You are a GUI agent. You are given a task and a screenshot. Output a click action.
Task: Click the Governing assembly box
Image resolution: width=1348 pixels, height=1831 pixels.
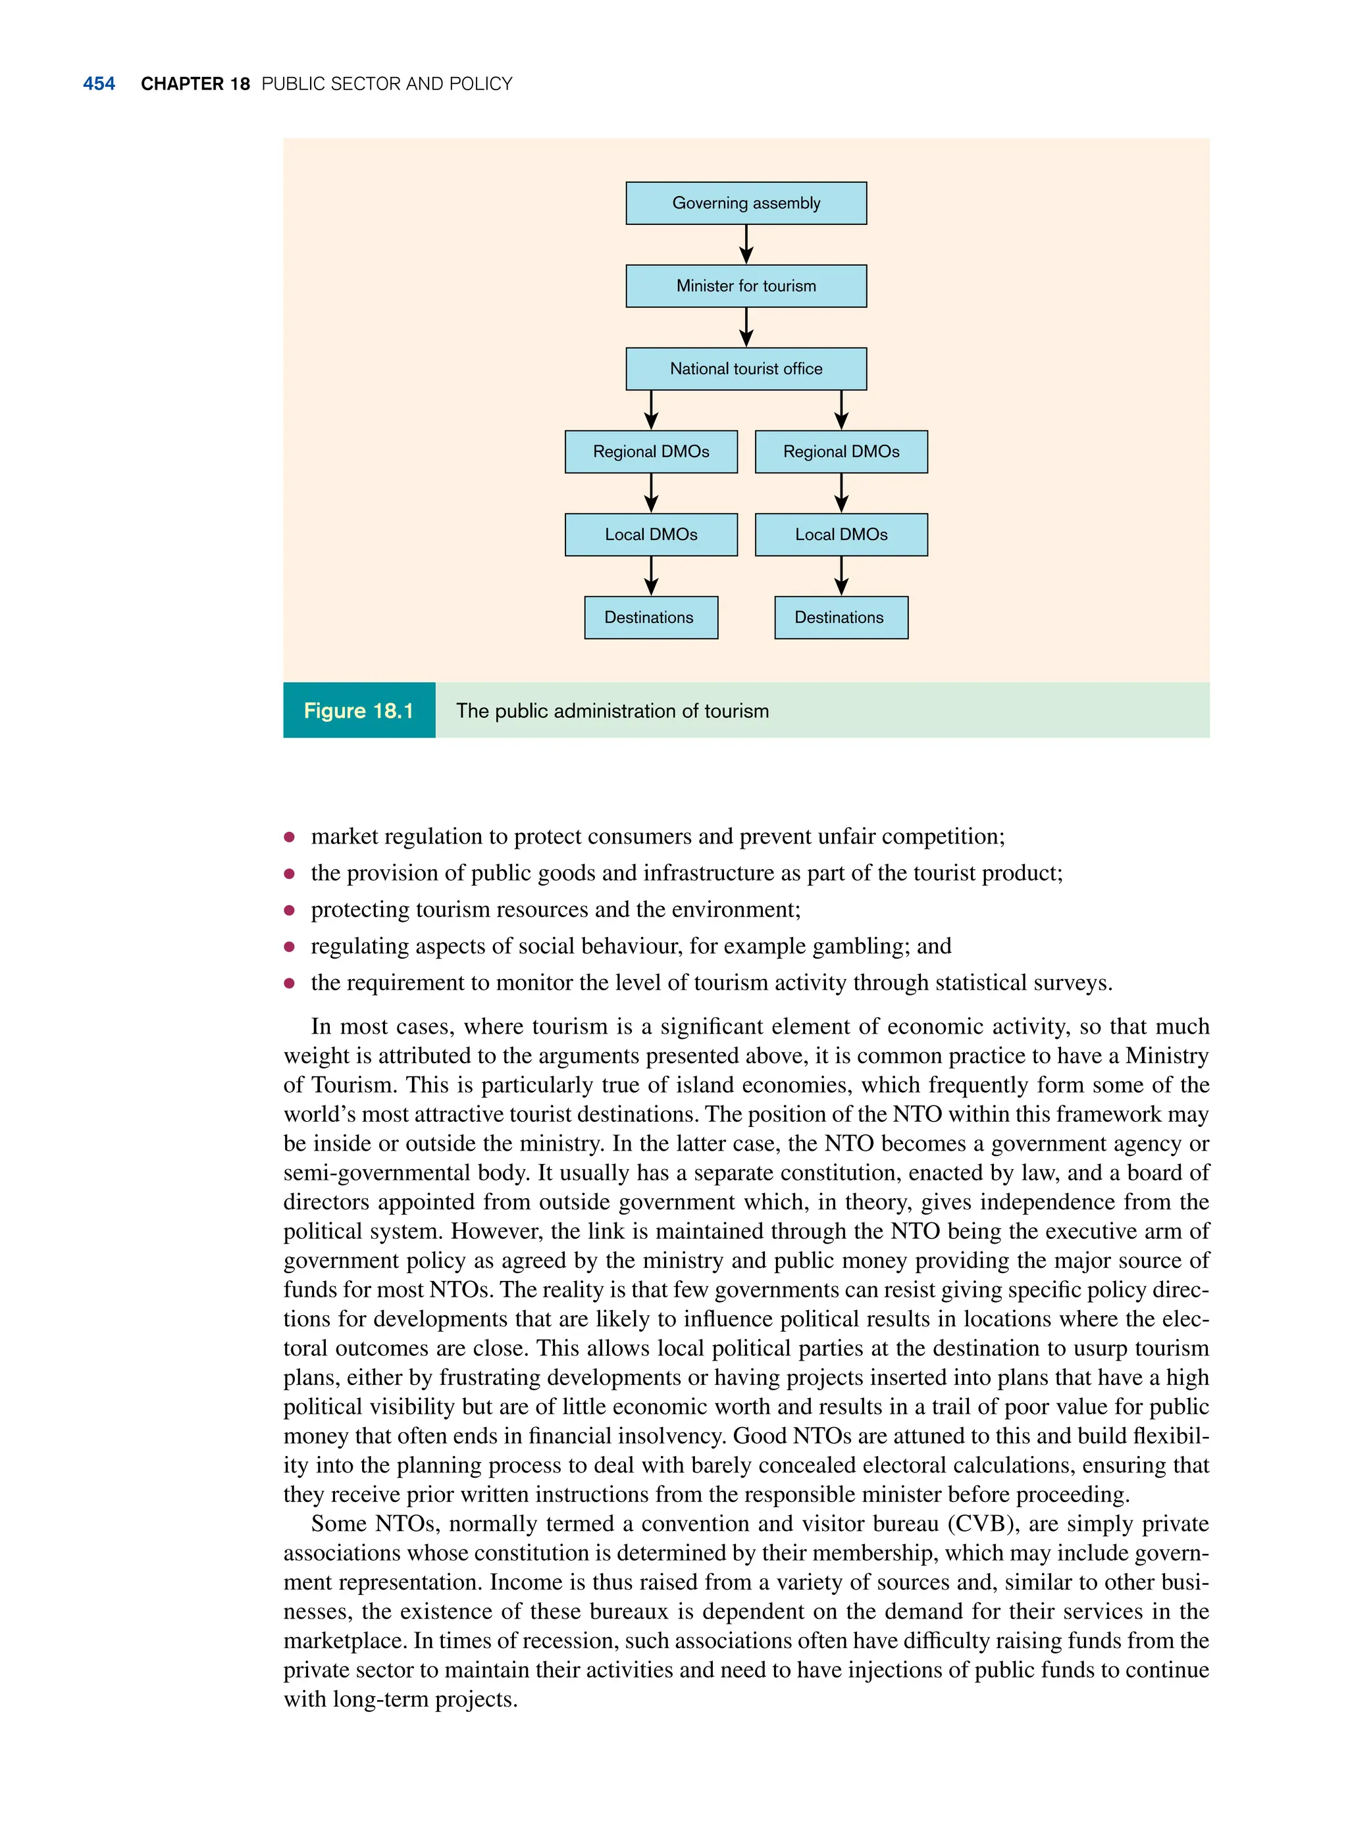[x=746, y=203]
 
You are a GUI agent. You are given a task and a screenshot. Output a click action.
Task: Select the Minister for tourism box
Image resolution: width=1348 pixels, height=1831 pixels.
[x=746, y=286]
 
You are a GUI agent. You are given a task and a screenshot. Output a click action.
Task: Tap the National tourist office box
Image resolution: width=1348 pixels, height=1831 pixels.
[x=746, y=368]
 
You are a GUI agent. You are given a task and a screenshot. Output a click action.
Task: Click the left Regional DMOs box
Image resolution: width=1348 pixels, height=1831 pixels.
[x=650, y=452]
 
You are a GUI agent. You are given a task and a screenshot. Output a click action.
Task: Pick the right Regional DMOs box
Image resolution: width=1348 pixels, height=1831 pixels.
[x=841, y=452]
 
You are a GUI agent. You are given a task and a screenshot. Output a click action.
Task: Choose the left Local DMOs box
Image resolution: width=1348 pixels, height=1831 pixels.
[x=650, y=534]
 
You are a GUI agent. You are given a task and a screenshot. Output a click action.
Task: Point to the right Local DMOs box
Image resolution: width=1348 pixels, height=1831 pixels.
[x=841, y=534]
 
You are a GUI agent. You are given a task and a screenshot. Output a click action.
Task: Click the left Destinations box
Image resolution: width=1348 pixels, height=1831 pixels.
[x=650, y=617]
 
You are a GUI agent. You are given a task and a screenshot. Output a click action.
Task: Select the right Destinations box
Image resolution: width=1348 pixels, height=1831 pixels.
[x=841, y=617]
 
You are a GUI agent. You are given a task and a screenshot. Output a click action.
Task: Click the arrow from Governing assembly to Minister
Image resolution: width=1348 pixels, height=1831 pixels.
[x=746, y=244]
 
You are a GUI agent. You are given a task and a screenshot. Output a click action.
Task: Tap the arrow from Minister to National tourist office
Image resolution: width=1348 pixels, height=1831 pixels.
[x=746, y=327]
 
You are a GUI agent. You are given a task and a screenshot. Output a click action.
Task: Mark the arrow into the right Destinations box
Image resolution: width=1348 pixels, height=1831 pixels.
[x=841, y=576]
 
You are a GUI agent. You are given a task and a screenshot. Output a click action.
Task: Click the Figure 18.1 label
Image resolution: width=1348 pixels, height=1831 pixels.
[x=359, y=711]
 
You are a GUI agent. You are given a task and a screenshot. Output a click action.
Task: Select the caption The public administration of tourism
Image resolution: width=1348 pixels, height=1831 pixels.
[x=612, y=711]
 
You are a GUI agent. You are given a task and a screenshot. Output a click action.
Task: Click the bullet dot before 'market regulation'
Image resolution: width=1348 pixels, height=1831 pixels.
[x=289, y=837]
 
